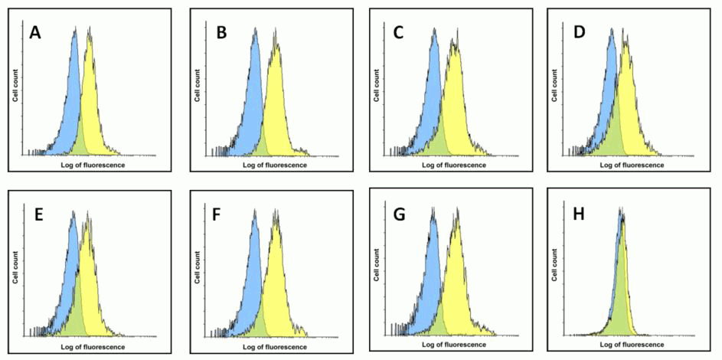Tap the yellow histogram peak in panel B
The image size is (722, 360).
pos(275,44)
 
